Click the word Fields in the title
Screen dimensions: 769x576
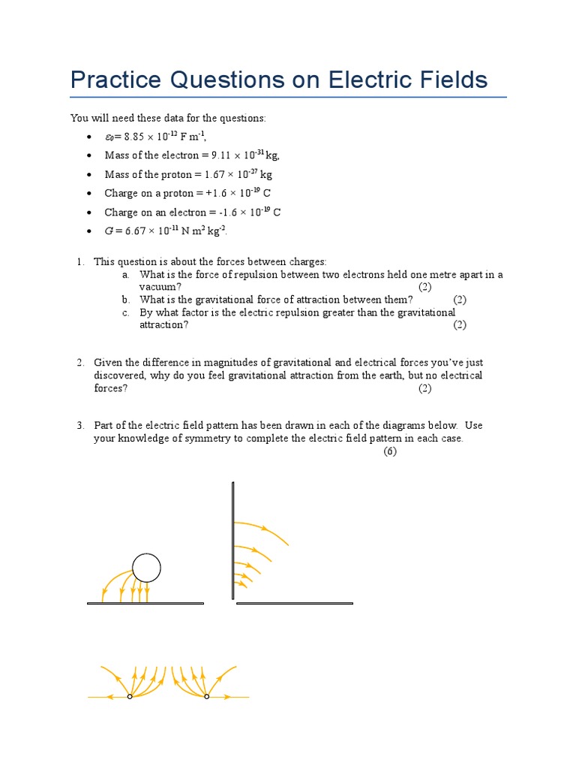[x=454, y=80]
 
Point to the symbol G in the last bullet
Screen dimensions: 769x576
[x=109, y=231]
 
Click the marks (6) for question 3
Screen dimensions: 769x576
[x=390, y=451]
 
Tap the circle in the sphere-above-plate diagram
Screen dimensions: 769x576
[x=146, y=568]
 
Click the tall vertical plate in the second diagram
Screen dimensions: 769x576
[x=234, y=541]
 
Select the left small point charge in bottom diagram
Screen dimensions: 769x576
[x=130, y=697]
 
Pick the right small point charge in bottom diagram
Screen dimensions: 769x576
[x=207, y=697]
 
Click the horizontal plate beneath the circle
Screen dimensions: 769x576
[x=145, y=603]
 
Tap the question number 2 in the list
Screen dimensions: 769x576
[x=79, y=363]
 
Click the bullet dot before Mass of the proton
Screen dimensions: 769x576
[x=89, y=175]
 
